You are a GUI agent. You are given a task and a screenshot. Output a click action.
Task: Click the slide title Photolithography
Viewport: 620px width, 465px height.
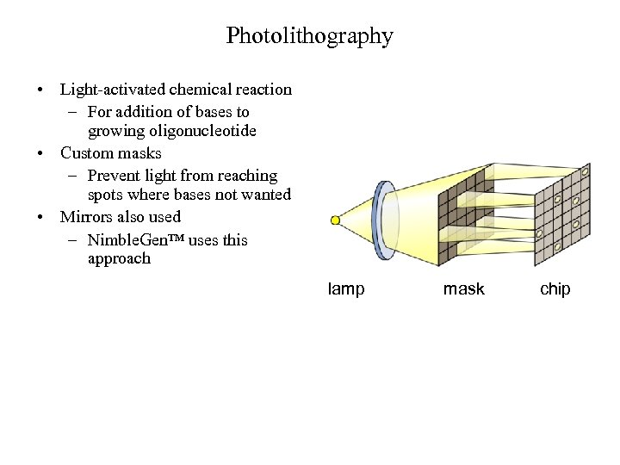pos(309,36)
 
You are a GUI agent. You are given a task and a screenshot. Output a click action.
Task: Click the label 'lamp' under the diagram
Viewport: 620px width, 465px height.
pos(346,289)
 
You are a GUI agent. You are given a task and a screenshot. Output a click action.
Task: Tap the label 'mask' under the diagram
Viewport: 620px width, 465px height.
pos(463,289)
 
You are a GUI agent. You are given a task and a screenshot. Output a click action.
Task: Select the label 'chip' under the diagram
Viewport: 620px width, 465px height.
pos(555,289)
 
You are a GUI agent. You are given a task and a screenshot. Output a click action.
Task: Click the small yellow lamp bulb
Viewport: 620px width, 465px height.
pos(335,220)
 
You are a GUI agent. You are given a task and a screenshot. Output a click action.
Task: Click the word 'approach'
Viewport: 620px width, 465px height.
pos(119,258)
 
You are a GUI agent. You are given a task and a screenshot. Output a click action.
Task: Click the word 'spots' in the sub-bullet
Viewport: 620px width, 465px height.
pos(106,195)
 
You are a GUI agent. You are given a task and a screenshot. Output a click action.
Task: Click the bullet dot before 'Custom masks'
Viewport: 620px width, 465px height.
pos(40,154)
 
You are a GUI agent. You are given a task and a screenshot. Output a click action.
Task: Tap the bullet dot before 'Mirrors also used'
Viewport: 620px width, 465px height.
pos(40,218)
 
